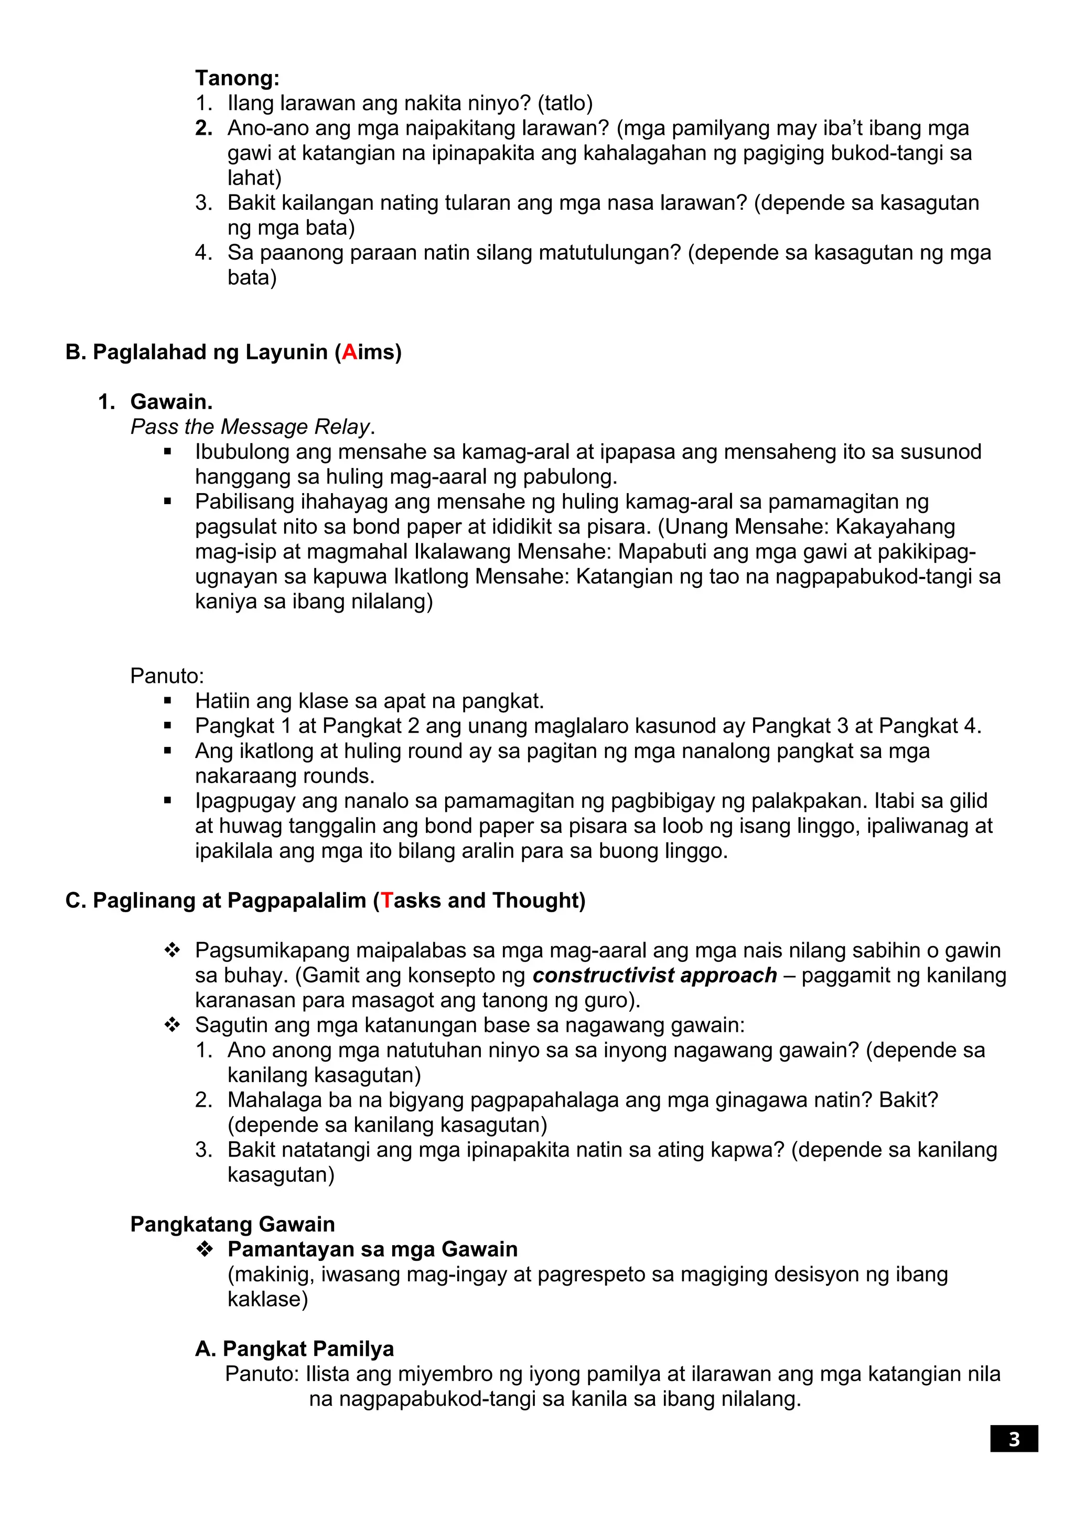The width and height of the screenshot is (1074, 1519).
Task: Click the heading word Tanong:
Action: (237, 78)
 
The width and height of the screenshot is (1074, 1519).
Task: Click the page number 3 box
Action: (1013, 1439)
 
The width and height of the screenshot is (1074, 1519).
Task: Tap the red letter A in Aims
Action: (349, 352)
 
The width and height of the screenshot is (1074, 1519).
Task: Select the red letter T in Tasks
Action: (387, 901)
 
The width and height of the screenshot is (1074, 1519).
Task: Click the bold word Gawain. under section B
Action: (171, 402)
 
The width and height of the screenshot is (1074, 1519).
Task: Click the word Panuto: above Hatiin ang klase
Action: (167, 676)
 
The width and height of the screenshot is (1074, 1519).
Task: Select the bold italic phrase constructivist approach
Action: (654, 975)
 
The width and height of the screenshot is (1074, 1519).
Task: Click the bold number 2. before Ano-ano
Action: (203, 127)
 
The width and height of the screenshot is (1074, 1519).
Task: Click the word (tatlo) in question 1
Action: (565, 103)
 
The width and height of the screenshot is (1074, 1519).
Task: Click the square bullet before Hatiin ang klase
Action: (168, 701)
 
